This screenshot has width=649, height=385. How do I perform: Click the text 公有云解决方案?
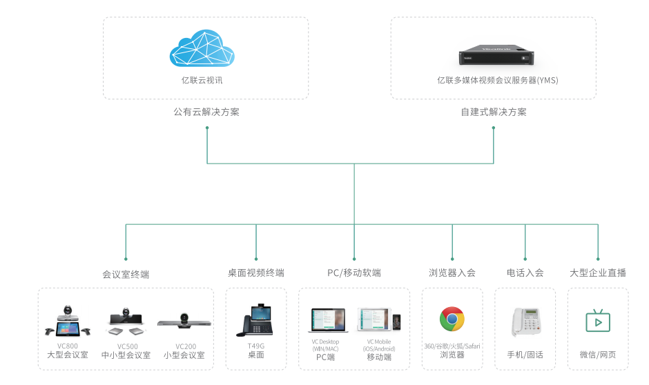point(206,112)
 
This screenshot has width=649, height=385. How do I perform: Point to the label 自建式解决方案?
point(494,112)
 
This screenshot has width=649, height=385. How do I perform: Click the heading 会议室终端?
point(126,274)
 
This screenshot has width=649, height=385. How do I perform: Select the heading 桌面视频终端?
point(256,273)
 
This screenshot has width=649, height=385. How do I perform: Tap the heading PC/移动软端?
point(354,273)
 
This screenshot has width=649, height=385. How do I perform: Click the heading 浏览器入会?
point(452,273)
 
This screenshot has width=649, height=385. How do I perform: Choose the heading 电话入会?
point(525,273)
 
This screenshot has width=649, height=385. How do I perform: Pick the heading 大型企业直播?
point(598,273)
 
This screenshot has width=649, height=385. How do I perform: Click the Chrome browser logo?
point(452,319)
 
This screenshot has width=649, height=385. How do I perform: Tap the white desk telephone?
point(525,322)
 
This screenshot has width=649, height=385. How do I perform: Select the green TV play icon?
point(598,321)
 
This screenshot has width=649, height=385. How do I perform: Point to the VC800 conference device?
point(68,321)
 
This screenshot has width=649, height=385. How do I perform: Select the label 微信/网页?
point(598,355)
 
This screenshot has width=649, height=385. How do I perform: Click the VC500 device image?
point(126,322)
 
